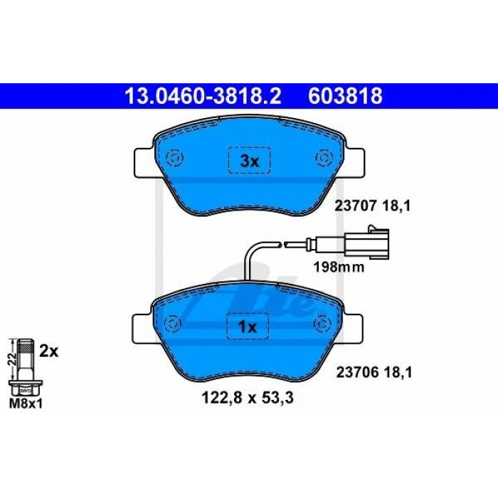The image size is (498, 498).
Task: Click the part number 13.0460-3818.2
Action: click(x=203, y=96)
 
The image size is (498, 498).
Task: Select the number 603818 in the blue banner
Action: click(x=345, y=96)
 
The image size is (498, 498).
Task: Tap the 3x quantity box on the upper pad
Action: click(x=249, y=160)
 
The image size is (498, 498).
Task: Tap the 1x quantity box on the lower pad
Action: click(x=248, y=326)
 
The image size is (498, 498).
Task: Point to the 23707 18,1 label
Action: click(x=373, y=206)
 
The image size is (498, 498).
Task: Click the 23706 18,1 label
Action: click(x=374, y=372)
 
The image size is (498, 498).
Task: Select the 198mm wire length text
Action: click(x=339, y=267)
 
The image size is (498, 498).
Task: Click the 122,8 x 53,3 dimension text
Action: click(x=248, y=398)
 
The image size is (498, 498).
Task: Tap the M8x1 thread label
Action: click(x=26, y=403)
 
